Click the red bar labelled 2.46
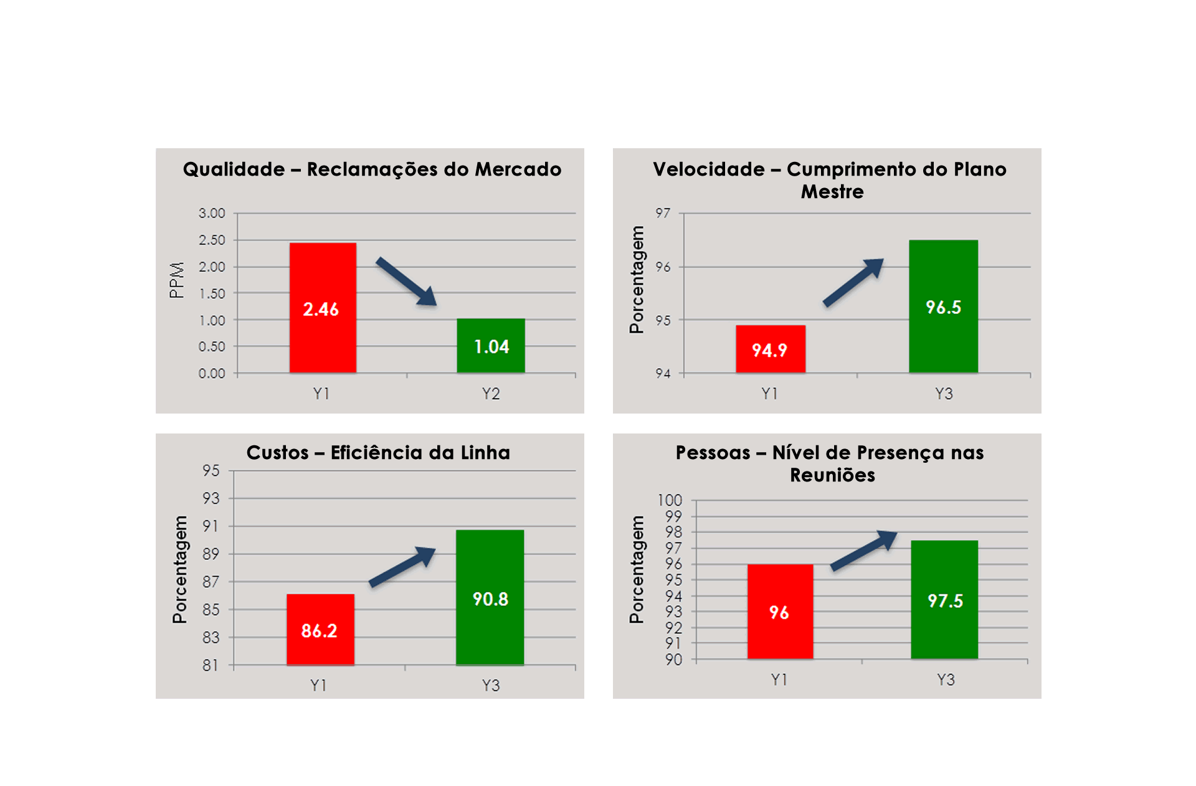323,308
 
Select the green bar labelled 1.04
491,346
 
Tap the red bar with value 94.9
771,349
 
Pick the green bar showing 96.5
943,306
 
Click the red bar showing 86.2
320,630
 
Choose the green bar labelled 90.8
490,597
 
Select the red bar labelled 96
780,612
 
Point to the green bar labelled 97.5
944,599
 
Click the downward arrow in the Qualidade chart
406,282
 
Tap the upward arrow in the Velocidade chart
853,282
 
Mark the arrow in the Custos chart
402,566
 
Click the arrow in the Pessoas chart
864,549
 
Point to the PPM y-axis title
177,280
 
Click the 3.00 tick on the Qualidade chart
212,213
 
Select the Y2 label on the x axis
491,394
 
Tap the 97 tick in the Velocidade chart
663,213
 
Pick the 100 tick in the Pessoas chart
670,500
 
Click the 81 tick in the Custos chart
211,665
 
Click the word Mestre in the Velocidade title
832,192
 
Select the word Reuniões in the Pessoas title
832,475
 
